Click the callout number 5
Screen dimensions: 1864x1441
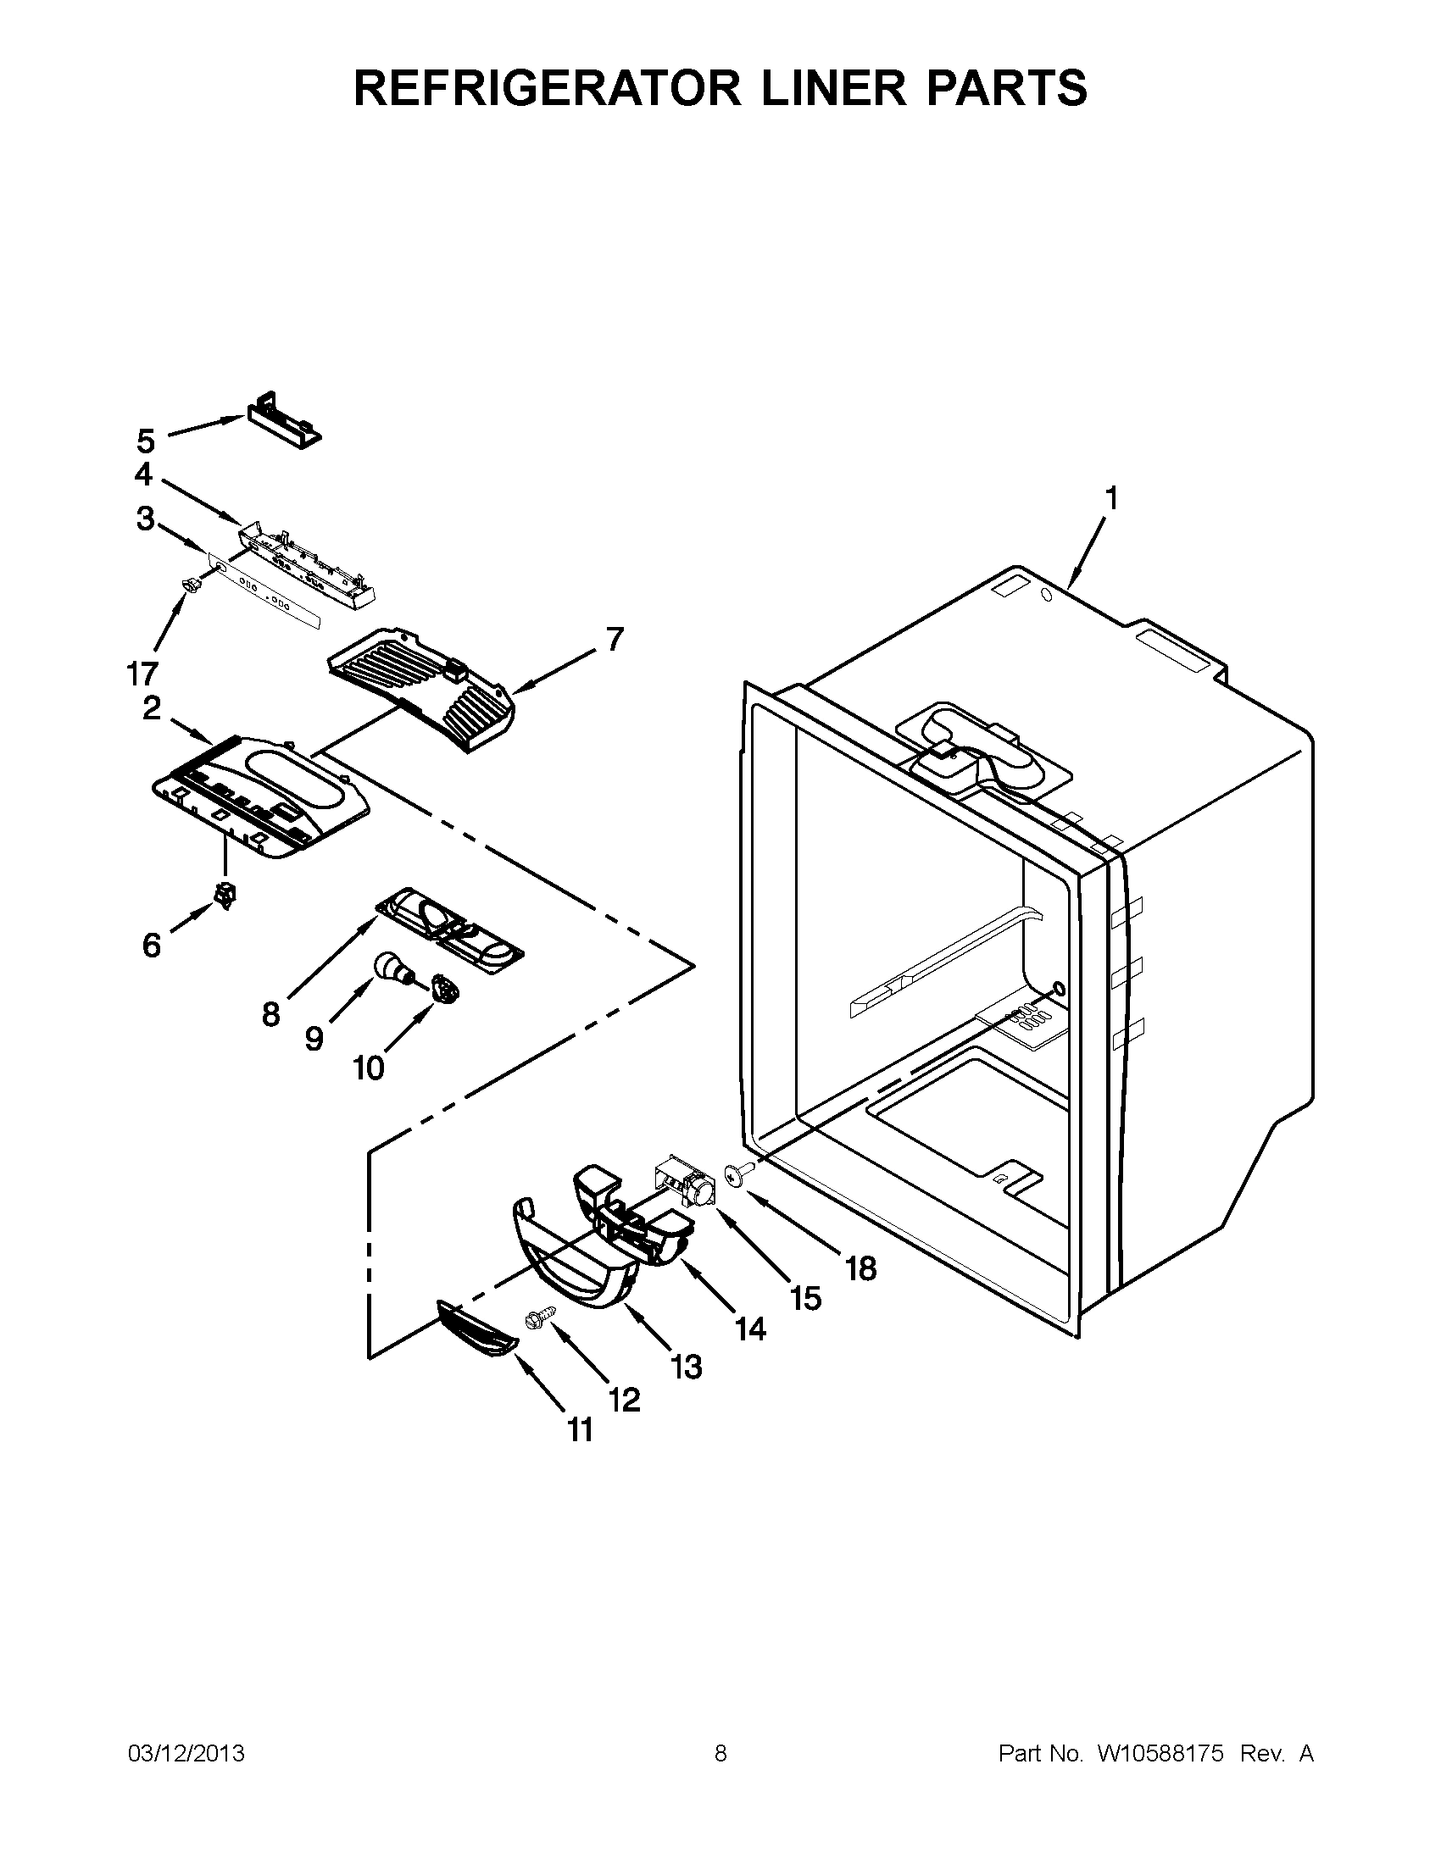pos(146,441)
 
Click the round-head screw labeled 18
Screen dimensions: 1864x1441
pos(735,1176)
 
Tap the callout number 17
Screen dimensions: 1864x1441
pos(142,674)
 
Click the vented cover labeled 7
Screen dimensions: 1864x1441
pos(423,689)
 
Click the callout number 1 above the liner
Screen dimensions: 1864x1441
pos(1110,497)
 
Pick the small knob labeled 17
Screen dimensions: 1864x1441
pos(192,584)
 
